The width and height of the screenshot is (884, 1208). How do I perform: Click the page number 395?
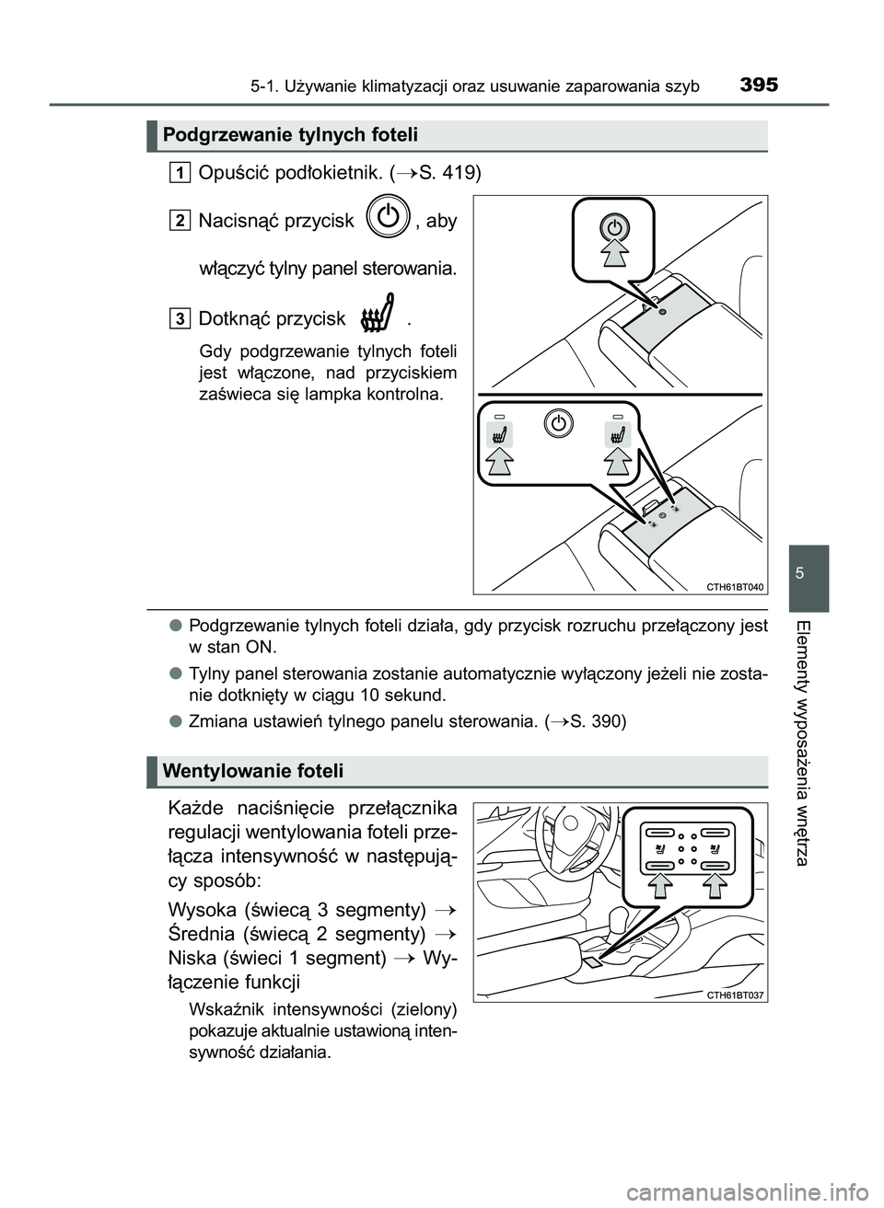point(758,86)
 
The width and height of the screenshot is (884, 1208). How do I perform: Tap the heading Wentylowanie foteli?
point(251,770)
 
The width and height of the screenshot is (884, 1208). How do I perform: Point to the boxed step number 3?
point(180,317)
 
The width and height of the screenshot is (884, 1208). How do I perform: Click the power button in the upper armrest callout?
point(615,227)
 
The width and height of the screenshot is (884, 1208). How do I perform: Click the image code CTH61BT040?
point(734,586)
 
